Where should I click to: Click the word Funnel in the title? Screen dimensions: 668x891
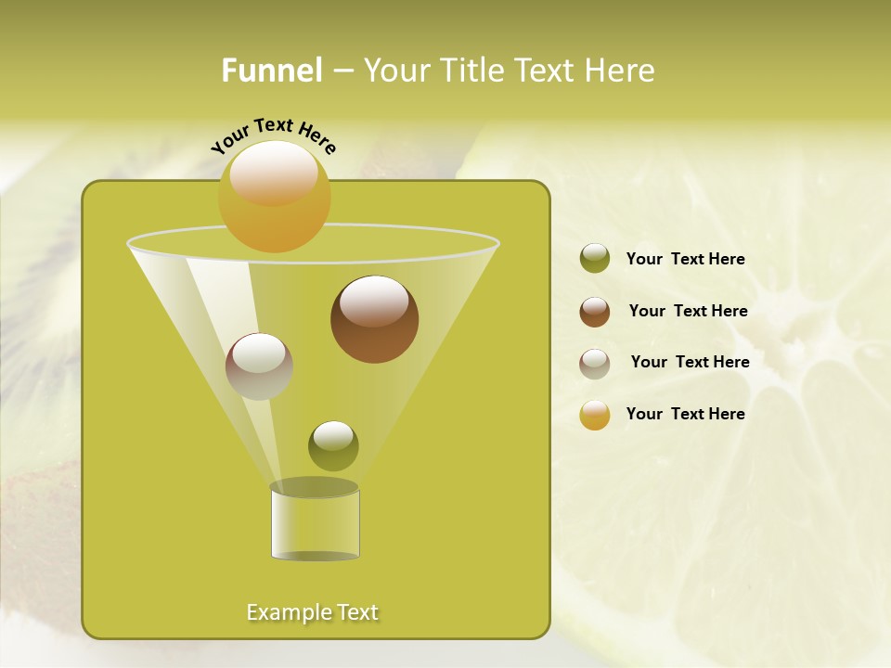click(271, 71)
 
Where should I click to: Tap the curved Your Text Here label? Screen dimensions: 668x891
click(274, 135)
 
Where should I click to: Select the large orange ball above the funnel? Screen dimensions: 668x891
click(275, 197)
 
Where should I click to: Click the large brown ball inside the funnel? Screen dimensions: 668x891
click(374, 319)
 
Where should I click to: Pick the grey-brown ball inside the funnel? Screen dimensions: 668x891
click(259, 366)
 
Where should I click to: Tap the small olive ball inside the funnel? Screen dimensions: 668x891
click(333, 445)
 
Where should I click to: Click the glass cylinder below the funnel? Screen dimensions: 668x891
click(315, 527)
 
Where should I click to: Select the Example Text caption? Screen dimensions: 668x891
click(312, 612)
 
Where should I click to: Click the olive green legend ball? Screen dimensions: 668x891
click(595, 259)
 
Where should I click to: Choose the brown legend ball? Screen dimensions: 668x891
click(595, 312)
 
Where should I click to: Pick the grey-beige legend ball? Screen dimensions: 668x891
click(595, 364)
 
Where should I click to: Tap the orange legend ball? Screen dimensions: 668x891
click(595, 415)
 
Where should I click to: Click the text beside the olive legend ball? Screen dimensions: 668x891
click(685, 259)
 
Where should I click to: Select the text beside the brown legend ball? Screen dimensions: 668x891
click(688, 311)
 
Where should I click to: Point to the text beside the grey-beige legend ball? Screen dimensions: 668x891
click(690, 362)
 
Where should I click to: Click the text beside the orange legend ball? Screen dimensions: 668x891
click(685, 414)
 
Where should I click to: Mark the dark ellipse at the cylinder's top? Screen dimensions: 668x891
click(314, 487)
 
